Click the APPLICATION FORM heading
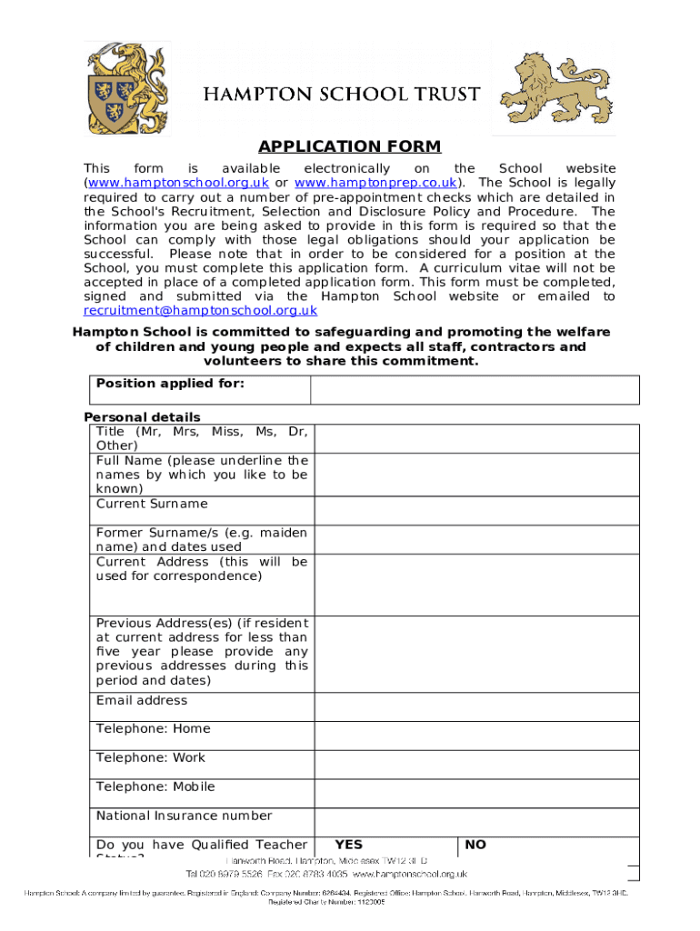point(350,146)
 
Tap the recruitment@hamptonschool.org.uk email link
point(200,310)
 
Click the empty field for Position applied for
point(475,390)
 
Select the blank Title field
point(476,438)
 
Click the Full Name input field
point(476,475)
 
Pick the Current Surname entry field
point(476,510)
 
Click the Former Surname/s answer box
point(476,540)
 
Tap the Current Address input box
point(476,585)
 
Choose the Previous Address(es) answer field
point(476,654)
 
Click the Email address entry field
point(476,706)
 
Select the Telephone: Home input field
point(476,736)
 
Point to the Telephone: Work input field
point(476,765)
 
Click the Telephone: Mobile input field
point(476,794)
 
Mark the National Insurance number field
point(476,822)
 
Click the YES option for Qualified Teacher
point(348,846)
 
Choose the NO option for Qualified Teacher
point(475,846)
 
